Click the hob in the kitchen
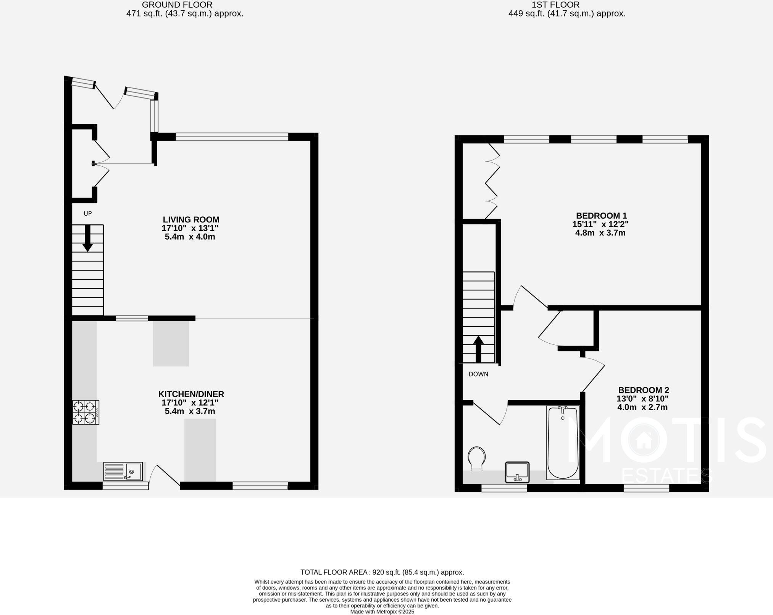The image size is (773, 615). tap(86, 412)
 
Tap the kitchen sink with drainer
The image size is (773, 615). tap(123, 471)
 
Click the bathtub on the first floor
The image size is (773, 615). tap(563, 443)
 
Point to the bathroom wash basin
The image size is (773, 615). tap(517, 472)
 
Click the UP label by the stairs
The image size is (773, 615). tap(88, 214)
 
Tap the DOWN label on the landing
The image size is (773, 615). tap(478, 374)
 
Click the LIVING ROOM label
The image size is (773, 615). tap(191, 220)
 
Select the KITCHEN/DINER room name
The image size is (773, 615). tap(191, 394)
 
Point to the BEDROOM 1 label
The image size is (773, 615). tap(601, 216)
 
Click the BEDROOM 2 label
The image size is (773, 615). tap(644, 390)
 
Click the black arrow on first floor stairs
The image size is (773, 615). tap(478, 349)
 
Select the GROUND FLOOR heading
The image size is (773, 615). tap(177, 5)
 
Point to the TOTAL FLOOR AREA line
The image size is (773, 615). tap(382, 572)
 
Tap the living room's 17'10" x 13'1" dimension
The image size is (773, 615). tap(190, 228)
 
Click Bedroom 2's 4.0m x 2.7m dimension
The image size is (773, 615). tap(642, 407)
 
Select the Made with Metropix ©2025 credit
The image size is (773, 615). tap(382, 612)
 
